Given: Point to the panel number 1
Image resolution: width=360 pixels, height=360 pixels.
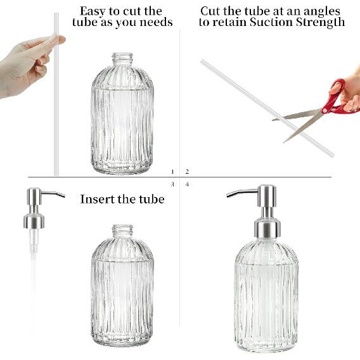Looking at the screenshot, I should click(172, 172).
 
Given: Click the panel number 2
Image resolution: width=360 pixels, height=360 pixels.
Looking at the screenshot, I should click(187, 172).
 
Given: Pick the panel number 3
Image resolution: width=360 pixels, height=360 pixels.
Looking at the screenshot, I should click(172, 184).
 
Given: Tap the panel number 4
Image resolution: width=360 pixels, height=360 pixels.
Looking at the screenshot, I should click(187, 184).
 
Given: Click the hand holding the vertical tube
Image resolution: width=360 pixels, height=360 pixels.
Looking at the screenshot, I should click(25, 63).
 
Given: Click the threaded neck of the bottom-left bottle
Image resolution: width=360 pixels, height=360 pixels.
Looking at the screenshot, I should click(122, 232).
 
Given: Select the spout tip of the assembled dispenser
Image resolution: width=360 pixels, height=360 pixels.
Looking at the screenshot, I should click(229, 196).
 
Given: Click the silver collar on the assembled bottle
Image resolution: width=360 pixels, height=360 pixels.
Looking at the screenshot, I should click(266, 228).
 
